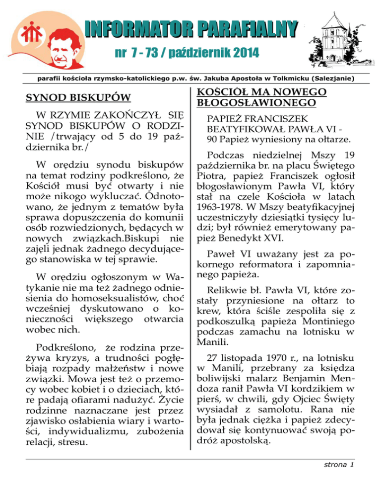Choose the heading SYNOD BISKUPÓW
(x=78, y=96)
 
